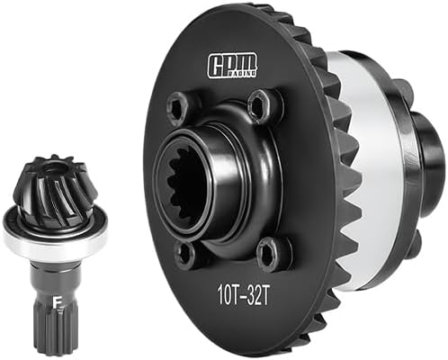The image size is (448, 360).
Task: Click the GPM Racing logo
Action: [x=232, y=65]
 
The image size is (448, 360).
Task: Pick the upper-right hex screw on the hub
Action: [x=260, y=104]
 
